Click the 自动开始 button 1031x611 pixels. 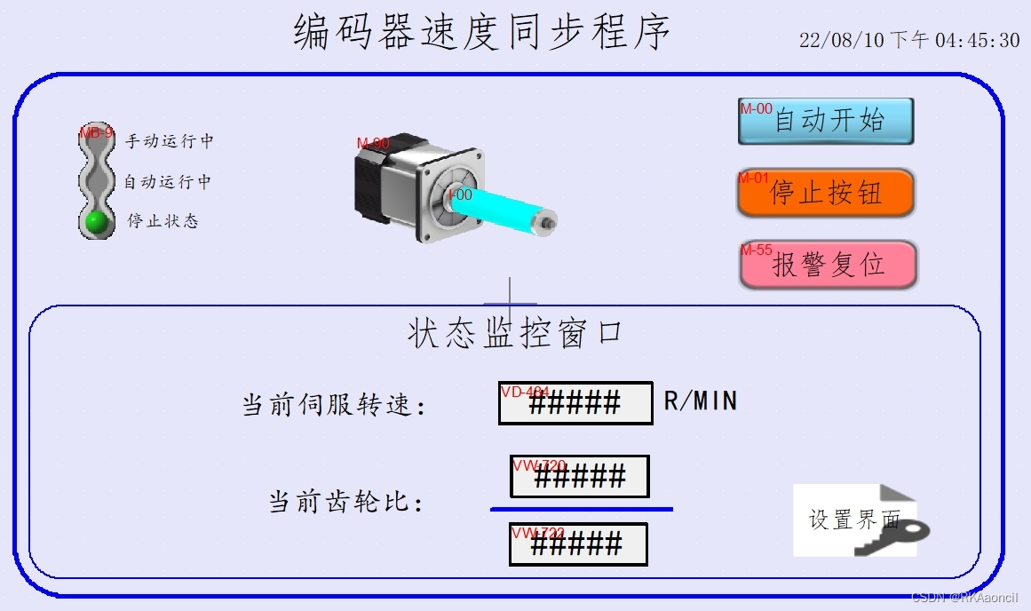click(826, 121)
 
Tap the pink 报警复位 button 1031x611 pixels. click(828, 265)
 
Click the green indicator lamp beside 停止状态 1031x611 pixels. click(96, 221)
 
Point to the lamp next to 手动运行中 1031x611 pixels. click(96, 141)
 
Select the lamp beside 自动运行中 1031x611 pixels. click(96, 181)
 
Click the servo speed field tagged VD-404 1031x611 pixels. click(575, 403)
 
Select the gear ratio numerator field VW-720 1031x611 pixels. click(579, 477)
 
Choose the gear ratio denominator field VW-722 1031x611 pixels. click(577, 544)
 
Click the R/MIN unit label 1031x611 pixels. click(701, 401)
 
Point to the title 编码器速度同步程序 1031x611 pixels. click(481, 32)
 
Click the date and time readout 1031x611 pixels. click(908, 41)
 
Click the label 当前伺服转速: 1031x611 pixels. click(335, 405)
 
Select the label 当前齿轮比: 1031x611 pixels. click(346, 503)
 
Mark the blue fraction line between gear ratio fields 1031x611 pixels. click(581, 509)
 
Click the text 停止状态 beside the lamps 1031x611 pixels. click(163, 221)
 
